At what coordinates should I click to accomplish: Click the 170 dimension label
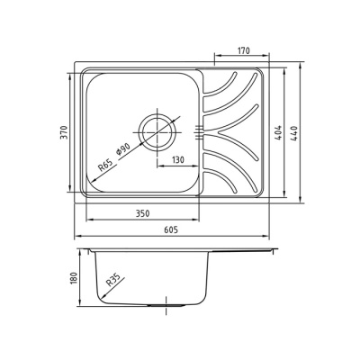pyautogui.click(x=243, y=50)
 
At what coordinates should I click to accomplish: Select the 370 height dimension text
pyautogui.click(x=65, y=132)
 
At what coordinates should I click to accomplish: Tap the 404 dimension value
pyautogui.click(x=279, y=132)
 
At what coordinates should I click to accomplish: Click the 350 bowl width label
pyautogui.click(x=142, y=213)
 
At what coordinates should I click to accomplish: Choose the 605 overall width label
pyautogui.click(x=171, y=229)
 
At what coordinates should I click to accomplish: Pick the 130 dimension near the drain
pyautogui.click(x=178, y=159)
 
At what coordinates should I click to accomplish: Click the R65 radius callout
pyautogui.click(x=105, y=166)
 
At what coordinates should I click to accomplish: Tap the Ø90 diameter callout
pyautogui.click(x=123, y=148)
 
